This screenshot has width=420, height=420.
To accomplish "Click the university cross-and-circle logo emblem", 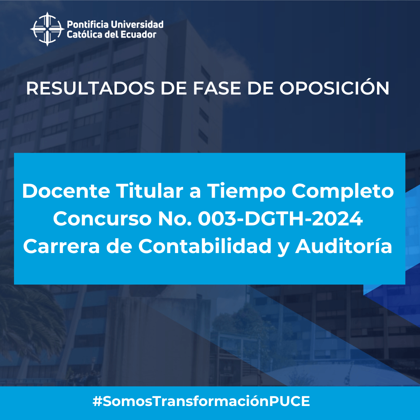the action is (47, 29).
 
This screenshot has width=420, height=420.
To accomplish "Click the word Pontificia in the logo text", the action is (87, 24).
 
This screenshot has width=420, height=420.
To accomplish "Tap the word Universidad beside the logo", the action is (137, 24).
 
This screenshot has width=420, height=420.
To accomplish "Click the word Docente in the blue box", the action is (66, 191).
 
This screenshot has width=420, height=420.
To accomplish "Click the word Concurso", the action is (102, 219).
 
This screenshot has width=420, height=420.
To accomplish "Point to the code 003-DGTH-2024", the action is (280, 219).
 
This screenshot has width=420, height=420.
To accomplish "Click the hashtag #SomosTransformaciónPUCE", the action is (201, 401).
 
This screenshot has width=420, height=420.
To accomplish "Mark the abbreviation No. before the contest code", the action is (175, 219).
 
